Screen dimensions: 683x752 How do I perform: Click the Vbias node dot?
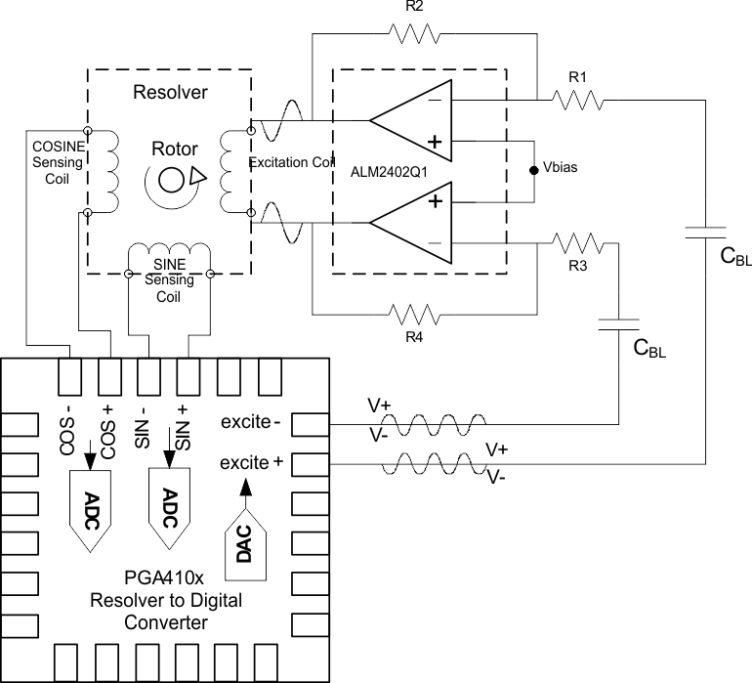[533, 170]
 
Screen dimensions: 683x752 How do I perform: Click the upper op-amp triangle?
[410, 121]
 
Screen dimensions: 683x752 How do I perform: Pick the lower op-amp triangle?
[410, 226]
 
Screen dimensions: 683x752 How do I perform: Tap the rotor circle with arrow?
[173, 178]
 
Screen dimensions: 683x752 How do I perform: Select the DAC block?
[246, 536]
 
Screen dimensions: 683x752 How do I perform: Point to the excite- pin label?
[249, 423]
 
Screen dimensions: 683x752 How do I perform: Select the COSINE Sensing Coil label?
[57, 160]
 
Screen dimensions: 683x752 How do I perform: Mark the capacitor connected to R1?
[705, 233]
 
